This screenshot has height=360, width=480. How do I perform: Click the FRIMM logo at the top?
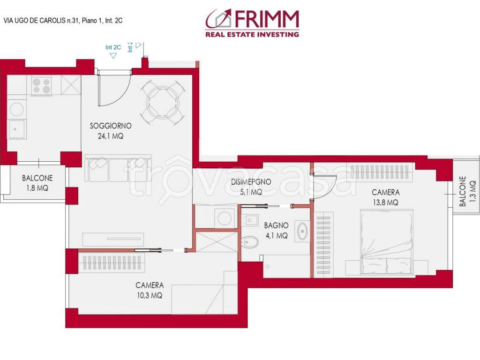point(252,23)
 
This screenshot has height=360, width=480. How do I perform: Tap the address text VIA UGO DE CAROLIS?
point(63,21)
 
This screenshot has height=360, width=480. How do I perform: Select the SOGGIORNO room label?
point(111,126)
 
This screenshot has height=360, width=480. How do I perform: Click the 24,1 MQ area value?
point(111,136)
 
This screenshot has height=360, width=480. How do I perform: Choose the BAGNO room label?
point(276,225)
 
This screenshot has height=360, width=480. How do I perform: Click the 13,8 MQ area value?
point(386,202)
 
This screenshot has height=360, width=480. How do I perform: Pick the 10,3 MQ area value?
point(149,295)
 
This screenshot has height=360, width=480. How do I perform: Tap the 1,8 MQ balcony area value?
point(37,188)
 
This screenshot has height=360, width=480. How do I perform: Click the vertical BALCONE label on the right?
point(463,191)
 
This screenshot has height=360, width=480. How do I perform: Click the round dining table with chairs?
point(162,102)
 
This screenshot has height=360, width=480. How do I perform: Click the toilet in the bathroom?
point(250,241)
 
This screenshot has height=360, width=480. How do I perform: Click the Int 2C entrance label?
point(113,47)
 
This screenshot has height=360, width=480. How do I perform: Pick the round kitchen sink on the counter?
point(16,109)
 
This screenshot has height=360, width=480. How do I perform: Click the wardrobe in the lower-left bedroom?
point(111,262)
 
